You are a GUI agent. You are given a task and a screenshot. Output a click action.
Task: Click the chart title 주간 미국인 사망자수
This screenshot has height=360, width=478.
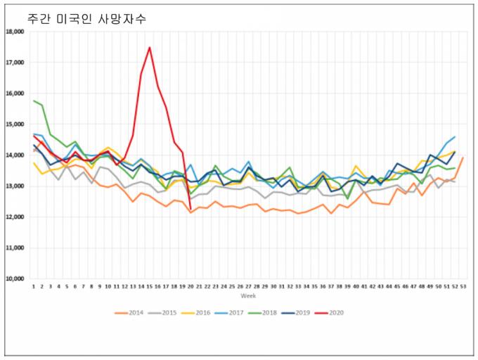click(86, 16)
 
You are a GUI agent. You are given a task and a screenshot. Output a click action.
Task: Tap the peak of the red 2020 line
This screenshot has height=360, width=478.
click(150, 48)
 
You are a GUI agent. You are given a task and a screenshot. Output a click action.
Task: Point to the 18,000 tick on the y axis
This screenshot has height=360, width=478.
click(15, 32)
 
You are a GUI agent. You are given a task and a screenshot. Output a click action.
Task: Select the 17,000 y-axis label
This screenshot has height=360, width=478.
click(15, 63)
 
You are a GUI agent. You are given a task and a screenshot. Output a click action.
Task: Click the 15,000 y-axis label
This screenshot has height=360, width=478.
click(15, 124)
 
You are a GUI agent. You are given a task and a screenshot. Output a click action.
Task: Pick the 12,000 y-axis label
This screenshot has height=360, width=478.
click(15, 217)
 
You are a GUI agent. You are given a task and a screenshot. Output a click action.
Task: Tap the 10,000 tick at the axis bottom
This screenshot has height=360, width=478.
click(15, 279)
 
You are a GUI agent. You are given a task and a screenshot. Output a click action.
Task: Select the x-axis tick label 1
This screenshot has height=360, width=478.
click(33, 287)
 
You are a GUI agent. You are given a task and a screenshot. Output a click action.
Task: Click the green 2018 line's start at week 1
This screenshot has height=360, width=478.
click(34, 101)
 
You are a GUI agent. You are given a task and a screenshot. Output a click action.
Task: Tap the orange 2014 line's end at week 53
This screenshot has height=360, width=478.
click(463, 157)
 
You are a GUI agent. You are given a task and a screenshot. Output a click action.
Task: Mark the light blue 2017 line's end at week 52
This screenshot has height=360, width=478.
click(455, 137)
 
